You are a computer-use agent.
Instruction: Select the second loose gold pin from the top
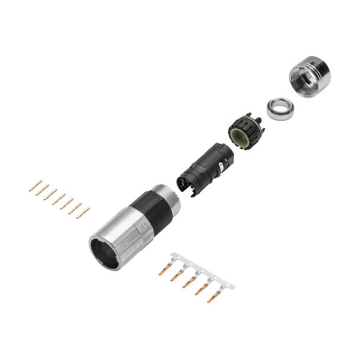coord(42,190)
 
